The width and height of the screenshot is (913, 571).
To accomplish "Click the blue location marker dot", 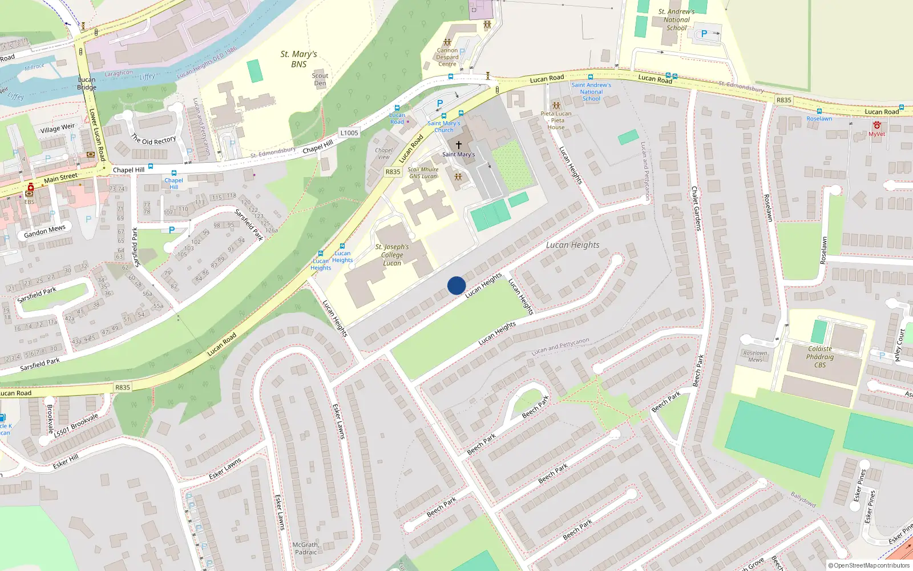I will coord(457,285).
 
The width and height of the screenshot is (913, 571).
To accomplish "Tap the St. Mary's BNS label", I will coord(298,59).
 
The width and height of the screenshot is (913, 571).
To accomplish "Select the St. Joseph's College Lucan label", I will coord(392,255).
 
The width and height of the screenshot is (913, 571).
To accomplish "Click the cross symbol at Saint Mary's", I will coord(458,145).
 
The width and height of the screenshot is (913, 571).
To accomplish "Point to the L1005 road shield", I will coord(349,133).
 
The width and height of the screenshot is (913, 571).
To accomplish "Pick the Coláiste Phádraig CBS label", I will coord(820,357).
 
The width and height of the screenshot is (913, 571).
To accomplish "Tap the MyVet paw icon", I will coord(877,126).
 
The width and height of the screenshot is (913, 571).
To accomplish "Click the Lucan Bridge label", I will coord(87,83).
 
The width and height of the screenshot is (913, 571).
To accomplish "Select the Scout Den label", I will coord(320,79).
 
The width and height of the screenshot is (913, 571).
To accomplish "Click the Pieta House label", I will coord(556,120).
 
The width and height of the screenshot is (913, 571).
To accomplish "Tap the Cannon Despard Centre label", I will coord(447,57).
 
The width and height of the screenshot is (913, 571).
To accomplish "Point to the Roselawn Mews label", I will coord(755,356).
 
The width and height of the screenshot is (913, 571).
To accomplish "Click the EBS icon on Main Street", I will coord(30,188).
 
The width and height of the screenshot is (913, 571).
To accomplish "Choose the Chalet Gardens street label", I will coord(696,208).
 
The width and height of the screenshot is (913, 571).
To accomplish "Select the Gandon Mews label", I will coord(45,231).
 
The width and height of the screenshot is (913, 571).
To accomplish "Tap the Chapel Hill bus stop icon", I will coord(173,173).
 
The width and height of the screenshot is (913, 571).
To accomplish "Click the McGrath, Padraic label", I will coord(306,548).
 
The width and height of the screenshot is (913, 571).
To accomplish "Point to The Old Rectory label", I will coord(153,140).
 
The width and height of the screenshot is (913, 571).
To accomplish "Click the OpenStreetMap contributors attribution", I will coord(868,565).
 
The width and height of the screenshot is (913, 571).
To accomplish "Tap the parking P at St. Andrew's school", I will coord(704,34).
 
